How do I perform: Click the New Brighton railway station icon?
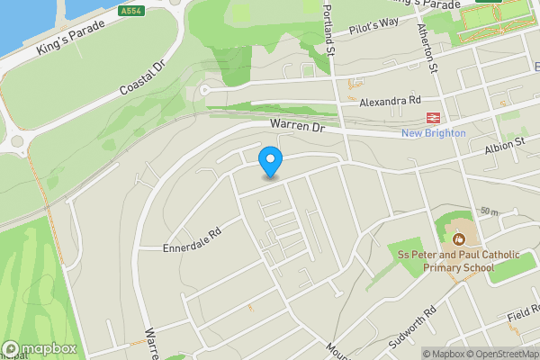click(433, 118)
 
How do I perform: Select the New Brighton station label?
click(433, 133)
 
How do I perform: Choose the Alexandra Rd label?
click(390, 103)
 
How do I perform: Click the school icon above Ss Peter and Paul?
click(458, 238)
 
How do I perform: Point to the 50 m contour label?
click(490, 211)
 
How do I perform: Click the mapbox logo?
click(39, 348)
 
